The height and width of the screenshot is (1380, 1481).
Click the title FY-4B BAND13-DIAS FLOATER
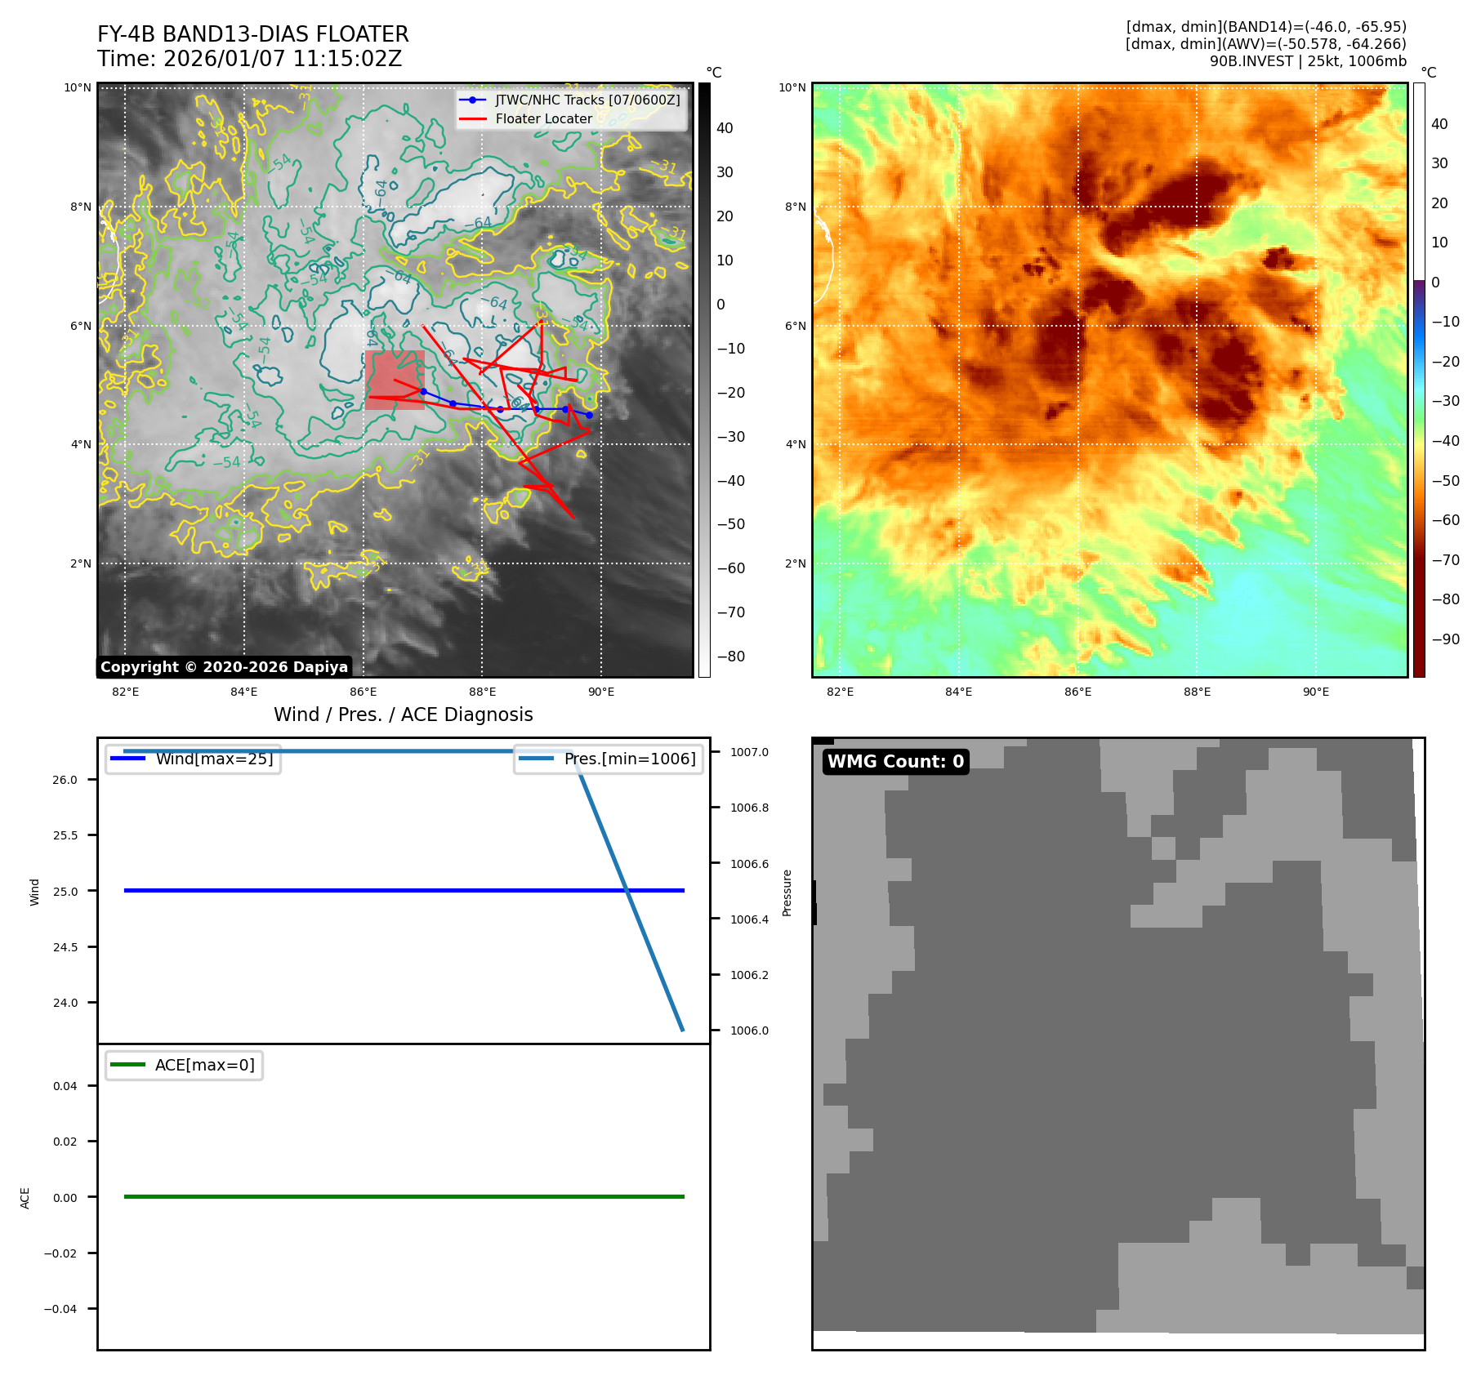[252, 34]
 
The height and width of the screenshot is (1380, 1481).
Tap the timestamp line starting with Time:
[249, 59]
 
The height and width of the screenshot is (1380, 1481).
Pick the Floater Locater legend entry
[543, 118]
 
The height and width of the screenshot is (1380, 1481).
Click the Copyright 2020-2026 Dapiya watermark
[224, 667]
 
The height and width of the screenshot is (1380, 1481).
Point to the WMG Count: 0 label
[895, 761]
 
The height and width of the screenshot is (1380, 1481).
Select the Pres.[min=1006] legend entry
[629, 759]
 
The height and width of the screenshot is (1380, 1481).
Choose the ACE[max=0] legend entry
[204, 1065]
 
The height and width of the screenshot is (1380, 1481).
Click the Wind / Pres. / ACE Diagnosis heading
[403, 714]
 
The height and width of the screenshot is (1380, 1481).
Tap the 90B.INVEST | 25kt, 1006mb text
[1307, 61]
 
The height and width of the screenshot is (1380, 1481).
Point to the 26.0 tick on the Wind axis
[65, 780]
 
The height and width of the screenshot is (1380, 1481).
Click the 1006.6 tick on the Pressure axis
[749, 864]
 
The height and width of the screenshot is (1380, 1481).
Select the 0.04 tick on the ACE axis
[65, 1086]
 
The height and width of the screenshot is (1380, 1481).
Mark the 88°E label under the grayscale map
[482, 692]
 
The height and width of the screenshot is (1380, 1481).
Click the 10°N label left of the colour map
[792, 87]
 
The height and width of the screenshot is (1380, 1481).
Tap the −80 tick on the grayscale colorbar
[731, 657]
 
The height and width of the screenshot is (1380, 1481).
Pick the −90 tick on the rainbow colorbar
[1445, 639]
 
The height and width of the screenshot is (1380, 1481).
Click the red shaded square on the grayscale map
[395, 380]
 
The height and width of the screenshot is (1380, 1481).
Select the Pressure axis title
[787, 893]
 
